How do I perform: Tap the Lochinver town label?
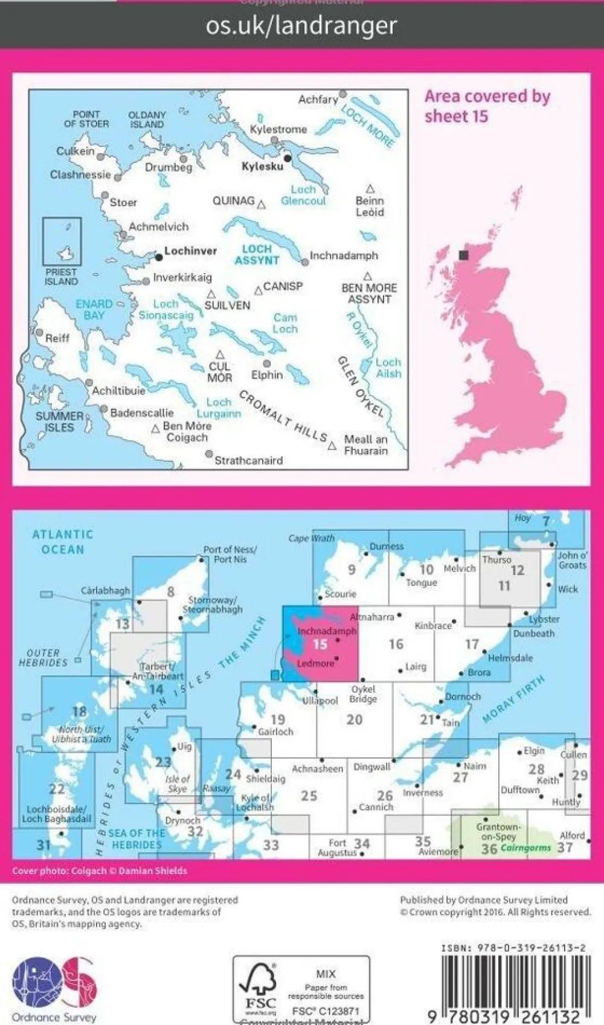[x=190, y=251]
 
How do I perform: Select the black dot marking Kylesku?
[x=288, y=158]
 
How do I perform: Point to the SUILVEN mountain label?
[x=226, y=305]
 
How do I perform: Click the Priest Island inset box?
[x=62, y=242]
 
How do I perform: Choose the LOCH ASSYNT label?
[x=257, y=254]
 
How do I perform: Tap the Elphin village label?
[x=267, y=374]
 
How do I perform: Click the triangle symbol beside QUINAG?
[x=262, y=204]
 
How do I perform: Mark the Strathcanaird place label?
[x=248, y=460]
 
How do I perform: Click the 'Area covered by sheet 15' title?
[x=487, y=106]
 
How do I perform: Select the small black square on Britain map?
[x=464, y=255]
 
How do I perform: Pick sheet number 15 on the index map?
[x=320, y=644]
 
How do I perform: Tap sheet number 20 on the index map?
[x=355, y=719]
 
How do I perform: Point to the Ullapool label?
[x=320, y=701]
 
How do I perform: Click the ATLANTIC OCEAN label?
[x=63, y=542]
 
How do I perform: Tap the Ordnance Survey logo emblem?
[x=54, y=983]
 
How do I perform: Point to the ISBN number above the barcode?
[x=513, y=948]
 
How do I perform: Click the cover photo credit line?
[x=100, y=871]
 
